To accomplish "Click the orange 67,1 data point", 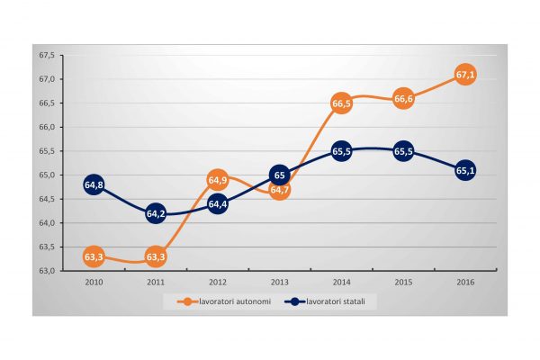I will tap(465, 76).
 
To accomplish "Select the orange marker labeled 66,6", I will tap(403, 99).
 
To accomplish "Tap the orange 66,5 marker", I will tap(341, 104).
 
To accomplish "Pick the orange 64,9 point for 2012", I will tap(218, 180).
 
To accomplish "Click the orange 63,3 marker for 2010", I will tap(94, 257).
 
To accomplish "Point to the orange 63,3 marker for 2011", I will tap(156, 257).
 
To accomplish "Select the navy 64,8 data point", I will tap(94, 185).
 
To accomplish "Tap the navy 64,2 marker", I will tap(156, 214).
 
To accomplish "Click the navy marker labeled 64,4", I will tap(218, 204).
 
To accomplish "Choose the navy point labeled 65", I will tap(280, 175).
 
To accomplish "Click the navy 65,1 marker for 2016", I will tap(465, 171).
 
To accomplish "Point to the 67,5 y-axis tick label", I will tap(47, 56).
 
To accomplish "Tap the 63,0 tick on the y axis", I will tap(47, 271).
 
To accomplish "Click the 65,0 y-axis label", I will tap(47, 175).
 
